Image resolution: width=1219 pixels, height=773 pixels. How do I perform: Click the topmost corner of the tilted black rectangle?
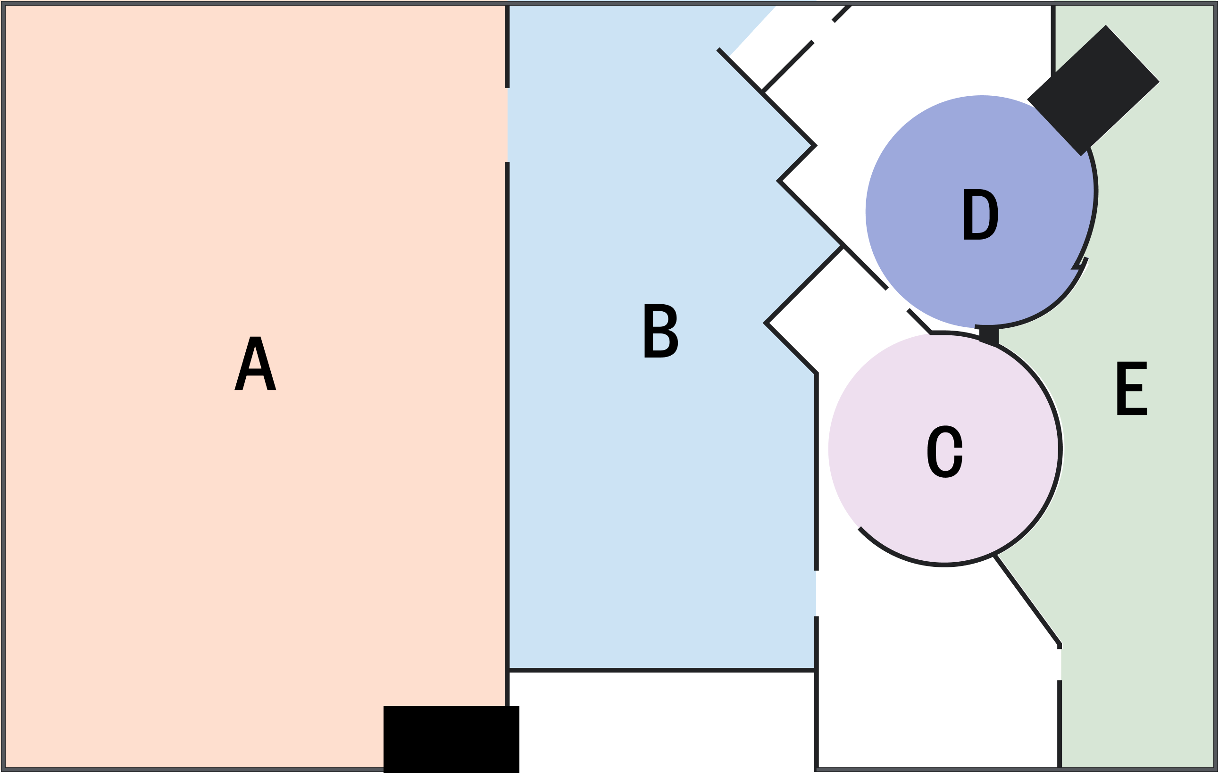pos(1106,25)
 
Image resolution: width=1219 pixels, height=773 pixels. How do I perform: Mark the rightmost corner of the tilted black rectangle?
pos(1159,82)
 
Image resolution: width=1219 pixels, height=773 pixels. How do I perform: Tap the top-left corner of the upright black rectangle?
pos(384,706)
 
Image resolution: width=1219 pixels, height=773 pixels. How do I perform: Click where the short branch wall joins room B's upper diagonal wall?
pos(762,92)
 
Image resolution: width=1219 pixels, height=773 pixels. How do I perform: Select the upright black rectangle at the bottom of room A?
pos(451,739)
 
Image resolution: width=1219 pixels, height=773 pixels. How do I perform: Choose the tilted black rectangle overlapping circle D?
pos(1094,90)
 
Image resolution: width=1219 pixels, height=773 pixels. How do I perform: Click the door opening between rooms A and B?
pos(507,125)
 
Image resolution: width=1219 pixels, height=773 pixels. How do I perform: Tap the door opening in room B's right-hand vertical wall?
pos(816,593)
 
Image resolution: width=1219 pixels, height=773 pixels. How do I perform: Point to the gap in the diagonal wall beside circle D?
pos(898,299)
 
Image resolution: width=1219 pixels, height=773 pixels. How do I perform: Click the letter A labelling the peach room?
pos(255,364)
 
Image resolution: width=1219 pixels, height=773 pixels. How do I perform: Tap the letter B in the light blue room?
pos(661,331)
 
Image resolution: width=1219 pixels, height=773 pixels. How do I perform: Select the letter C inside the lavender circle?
pos(944,451)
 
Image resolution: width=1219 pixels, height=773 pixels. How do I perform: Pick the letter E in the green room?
pos(1132,388)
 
